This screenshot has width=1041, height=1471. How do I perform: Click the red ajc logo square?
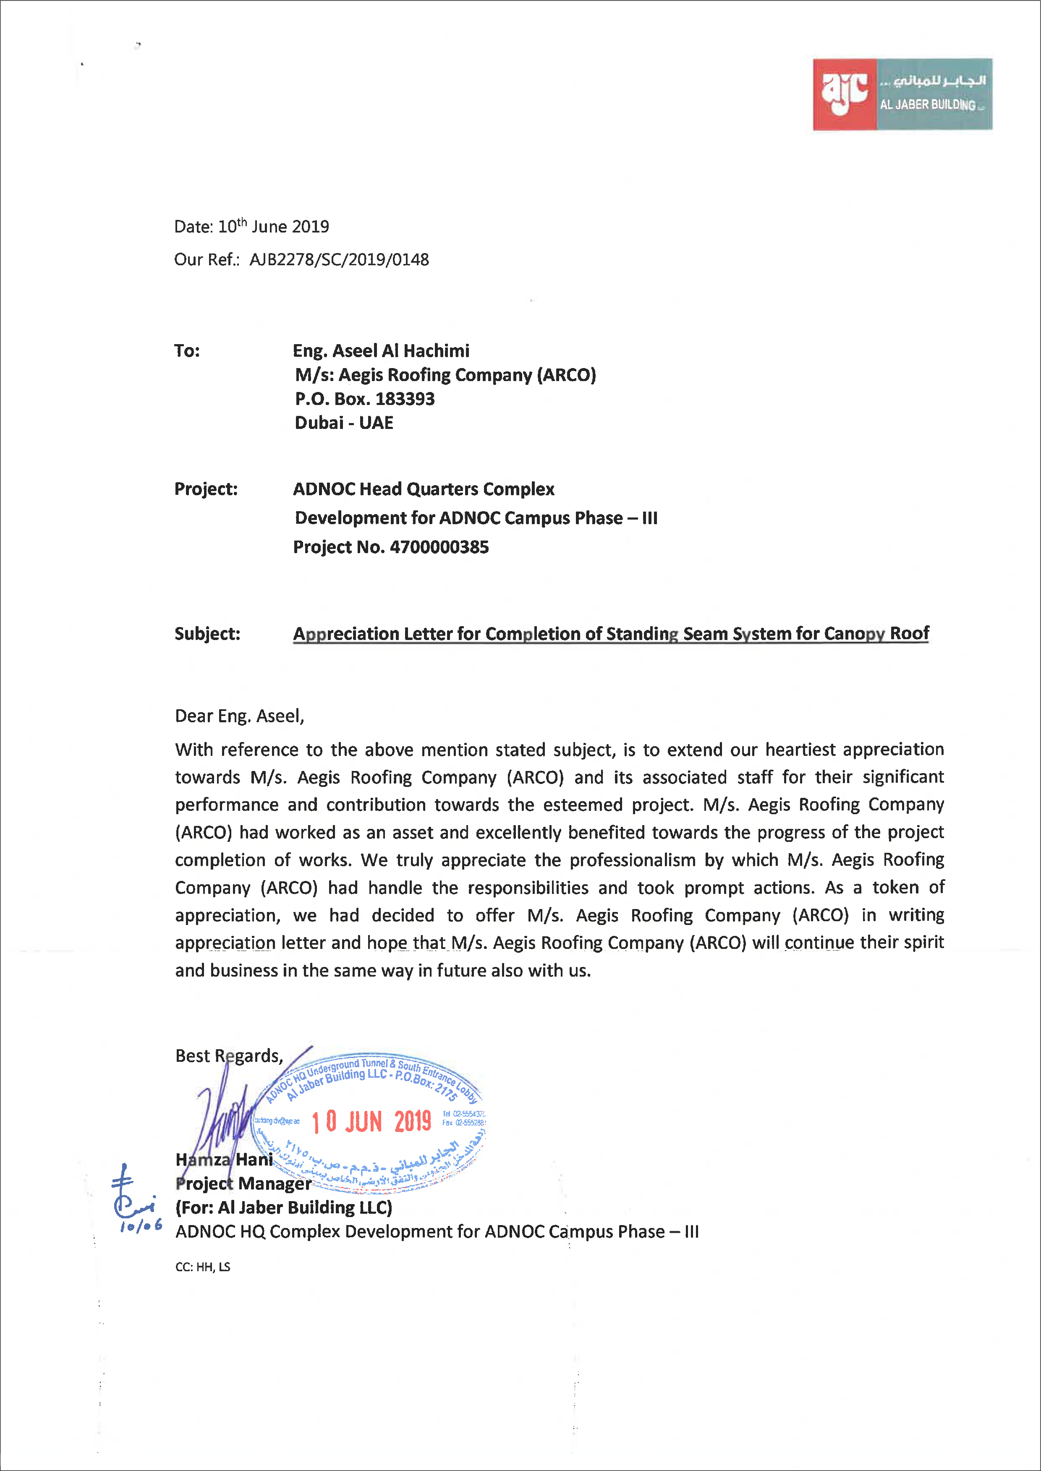point(845,94)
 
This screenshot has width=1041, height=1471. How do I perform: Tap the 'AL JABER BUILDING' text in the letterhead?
point(928,105)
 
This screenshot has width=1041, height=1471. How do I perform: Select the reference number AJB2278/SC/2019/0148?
point(339,260)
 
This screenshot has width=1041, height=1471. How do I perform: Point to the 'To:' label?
point(187,350)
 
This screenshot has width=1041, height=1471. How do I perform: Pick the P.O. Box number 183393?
point(405,399)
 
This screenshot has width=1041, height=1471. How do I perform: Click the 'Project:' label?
point(206,489)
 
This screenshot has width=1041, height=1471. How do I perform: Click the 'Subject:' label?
point(207,634)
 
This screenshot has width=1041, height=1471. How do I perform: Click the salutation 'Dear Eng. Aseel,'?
point(239,716)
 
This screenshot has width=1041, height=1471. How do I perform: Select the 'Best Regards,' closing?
point(229,1056)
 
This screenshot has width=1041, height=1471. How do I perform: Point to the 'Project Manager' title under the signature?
point(243,1183)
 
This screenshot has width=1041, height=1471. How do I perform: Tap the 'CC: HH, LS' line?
point(203,1267)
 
